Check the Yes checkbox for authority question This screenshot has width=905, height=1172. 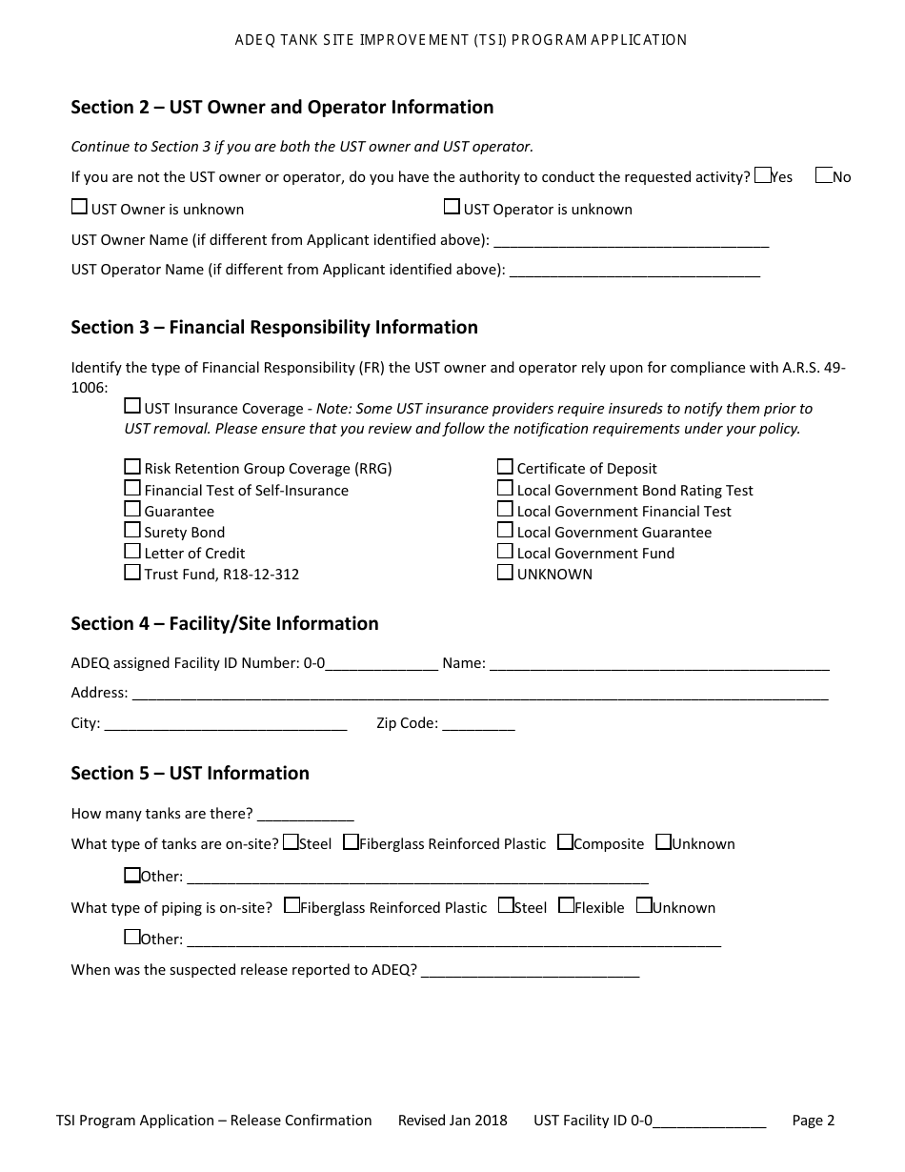tap(762, 175)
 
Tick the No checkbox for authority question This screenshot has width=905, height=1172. tap(824, 175)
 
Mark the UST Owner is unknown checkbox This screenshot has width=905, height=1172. tap(79, 207)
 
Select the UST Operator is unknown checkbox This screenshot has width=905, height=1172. tap(452, 207)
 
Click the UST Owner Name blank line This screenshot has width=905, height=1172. tap(631, 240)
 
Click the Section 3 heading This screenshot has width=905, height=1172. tap(274, 327)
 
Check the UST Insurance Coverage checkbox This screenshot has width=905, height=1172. tap(132, 406)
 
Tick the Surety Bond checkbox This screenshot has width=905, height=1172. tap(132, 530)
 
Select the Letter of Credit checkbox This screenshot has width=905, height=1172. tap(132, 551)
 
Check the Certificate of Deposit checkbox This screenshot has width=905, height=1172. tap(505, 466)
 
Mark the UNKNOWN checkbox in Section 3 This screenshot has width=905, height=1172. tap(505, 572)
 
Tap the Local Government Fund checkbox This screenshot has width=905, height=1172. tap(505, 551)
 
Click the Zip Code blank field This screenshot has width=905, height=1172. tap(478, 724)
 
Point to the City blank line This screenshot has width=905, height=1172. tap(225, 724)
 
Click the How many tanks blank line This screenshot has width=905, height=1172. tap(305, 815)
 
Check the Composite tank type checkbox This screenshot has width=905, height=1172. tap(565, 841)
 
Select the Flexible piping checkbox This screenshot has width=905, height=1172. tap(566, 905)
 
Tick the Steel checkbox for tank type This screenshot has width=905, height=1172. tap(291, 841)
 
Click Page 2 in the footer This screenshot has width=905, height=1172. tap(813, 1121)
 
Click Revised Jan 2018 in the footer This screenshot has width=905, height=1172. tap(452, 1121)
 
